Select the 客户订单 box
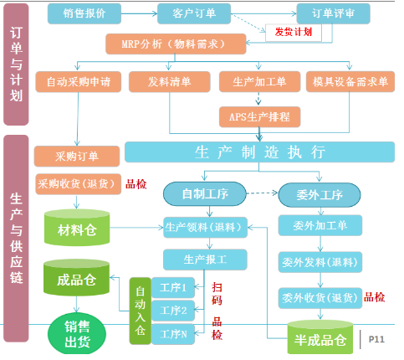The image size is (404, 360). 187,13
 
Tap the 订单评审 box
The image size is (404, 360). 332,13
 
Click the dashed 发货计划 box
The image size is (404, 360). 294,33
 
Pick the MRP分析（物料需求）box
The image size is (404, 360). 176,43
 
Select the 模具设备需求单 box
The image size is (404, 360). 350,81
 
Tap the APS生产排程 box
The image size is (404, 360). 259,115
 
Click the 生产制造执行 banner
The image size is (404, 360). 259,152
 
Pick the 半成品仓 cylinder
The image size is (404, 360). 317,338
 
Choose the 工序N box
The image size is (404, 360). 174,335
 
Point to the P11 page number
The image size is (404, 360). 376,338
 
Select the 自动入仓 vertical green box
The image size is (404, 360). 140,310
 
